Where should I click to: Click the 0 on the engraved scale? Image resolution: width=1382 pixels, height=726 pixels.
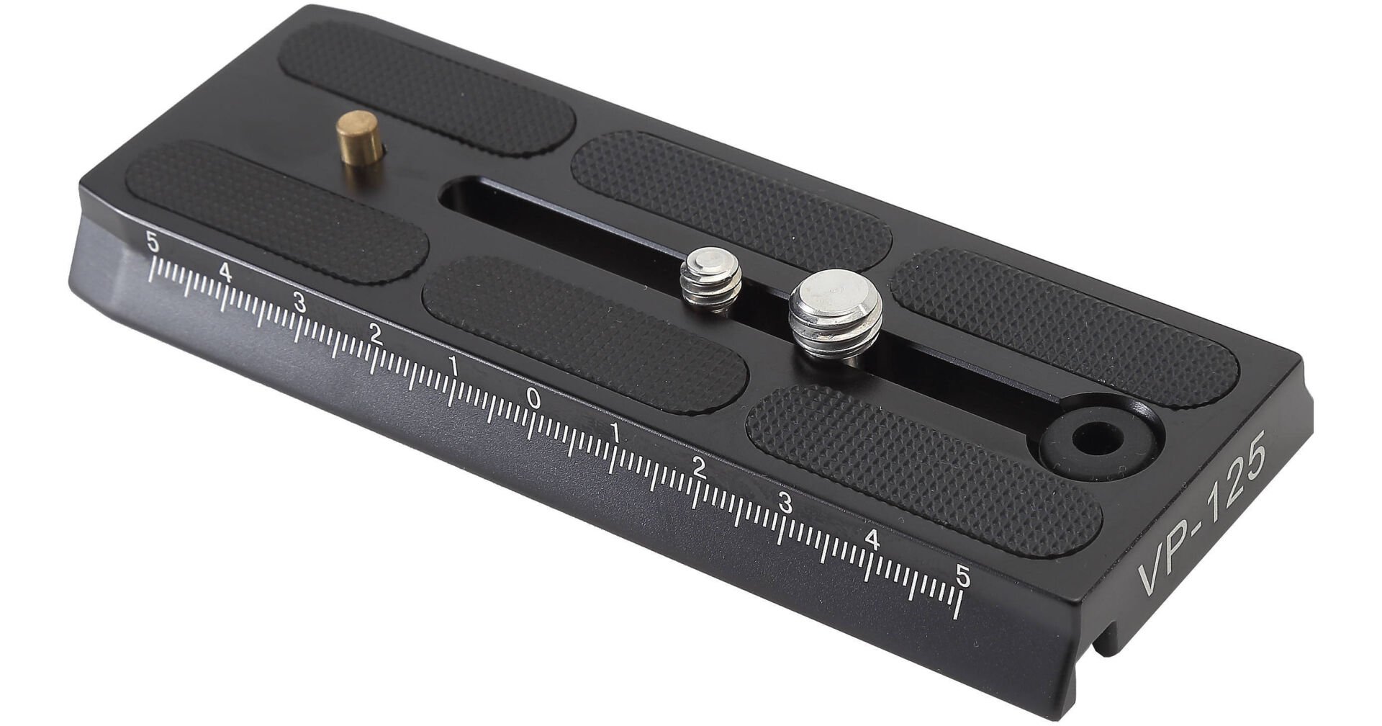[x=533, y=397]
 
